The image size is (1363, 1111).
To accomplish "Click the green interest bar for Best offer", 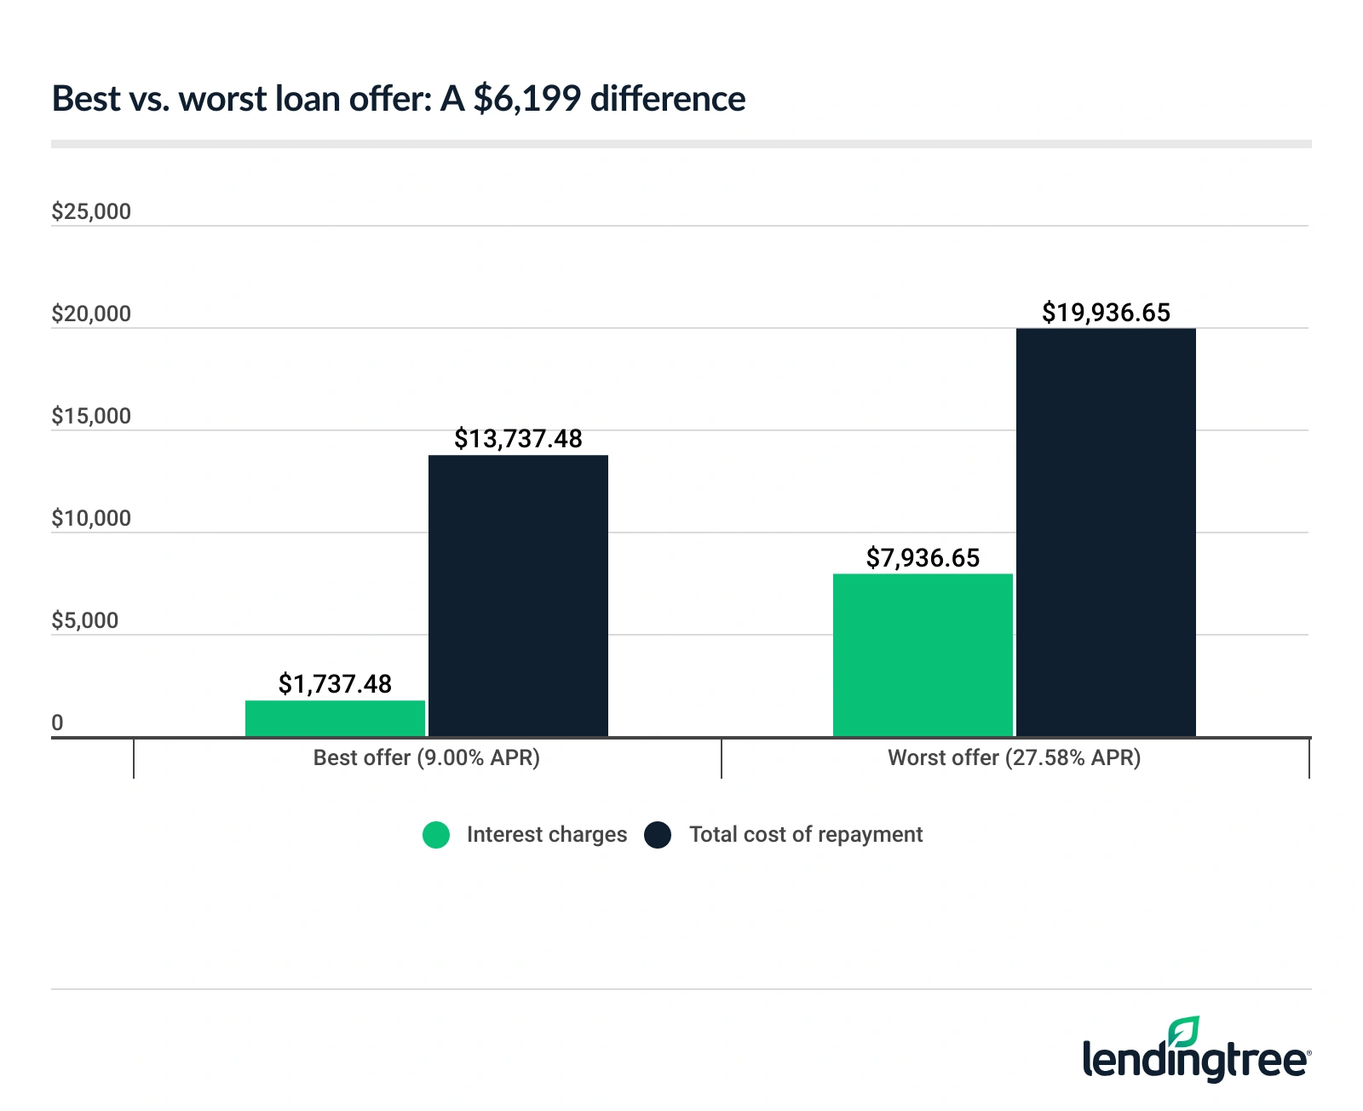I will [x=335, y=718].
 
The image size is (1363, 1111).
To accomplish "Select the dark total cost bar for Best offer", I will [x=518, y=596].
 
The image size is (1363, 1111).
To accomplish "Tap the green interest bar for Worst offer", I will [x=923, y=655].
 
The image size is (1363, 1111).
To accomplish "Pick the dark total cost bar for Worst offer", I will [x=1106, y=532].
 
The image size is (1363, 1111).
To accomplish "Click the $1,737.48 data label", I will [x=335, y=683].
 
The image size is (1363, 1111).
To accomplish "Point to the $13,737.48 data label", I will [x=518, y=439].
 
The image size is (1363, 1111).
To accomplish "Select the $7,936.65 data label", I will [x=923, y=558].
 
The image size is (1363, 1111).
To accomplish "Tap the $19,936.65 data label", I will [x=1106, y=313].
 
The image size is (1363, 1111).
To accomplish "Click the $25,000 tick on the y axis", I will [x=91, y=211].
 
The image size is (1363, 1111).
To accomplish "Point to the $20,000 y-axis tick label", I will [x=91, y=314].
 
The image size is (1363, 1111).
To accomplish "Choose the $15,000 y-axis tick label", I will [x=91, y=416].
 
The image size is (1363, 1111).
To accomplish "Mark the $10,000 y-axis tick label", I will [x=91, y=518].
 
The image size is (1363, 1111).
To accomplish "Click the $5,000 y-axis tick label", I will [x=85, y=620].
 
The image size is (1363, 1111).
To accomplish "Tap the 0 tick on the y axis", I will [x=57, y=723].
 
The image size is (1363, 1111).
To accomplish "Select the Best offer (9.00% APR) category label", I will [x=426, y=757].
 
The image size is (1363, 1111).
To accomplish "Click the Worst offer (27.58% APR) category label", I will [x=1014, y=757].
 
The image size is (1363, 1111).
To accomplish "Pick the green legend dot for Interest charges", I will [x=436, y=835].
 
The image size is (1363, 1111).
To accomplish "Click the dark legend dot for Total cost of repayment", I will [x=658, y=835].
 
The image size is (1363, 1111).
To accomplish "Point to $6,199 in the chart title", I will [x=526, y=99].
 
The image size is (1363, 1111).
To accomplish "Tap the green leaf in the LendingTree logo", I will [x=1184, y=1031].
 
